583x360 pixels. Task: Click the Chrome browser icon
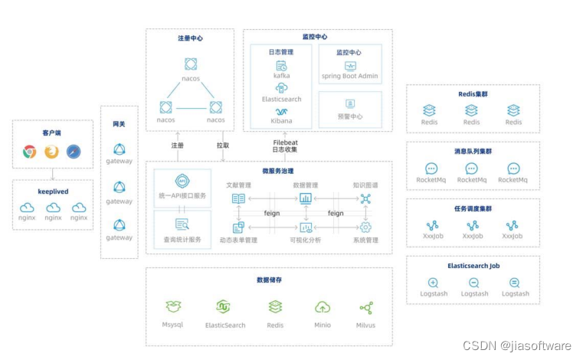[30, 152]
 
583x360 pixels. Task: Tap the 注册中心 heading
[190, 38]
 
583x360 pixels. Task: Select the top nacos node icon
[191, 64]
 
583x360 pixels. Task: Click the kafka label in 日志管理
[281, 76]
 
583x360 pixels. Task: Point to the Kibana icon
[281, 111]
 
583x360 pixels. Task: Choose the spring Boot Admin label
[350, 76]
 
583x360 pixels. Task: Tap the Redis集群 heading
[473, 93]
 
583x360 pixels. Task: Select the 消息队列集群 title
[473, 151]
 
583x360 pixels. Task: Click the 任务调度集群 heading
[473, 208]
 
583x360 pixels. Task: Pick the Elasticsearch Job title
[473, 266]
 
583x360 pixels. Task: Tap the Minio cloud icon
[323, 307]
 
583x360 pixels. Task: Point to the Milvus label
[366, 325]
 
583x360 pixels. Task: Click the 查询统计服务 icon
[182, 224]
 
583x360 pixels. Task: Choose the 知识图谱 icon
[365, 198]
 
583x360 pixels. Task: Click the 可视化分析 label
[306, 241]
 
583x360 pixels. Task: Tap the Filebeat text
[285, 142]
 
